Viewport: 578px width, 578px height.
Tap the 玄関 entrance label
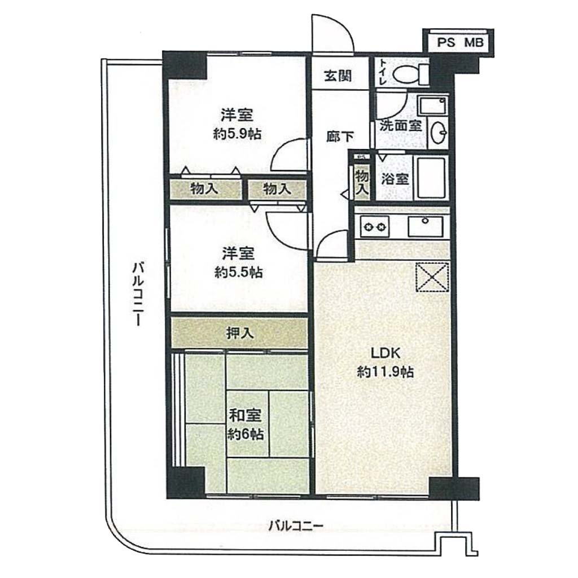(338, 76)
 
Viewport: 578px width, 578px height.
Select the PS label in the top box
(446, 42)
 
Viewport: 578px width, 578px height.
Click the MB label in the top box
(474, 42)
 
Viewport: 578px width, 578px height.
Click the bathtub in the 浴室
(430, 178)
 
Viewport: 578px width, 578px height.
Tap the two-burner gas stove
(375, 226)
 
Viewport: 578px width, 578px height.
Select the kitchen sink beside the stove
(425, 226)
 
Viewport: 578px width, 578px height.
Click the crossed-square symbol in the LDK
(432, 277)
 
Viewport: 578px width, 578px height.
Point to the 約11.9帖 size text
(385, 371)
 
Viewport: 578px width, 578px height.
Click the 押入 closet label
(240, 333)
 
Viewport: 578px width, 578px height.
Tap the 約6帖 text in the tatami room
(245, 434)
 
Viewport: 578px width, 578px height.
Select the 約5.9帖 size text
(238, 134)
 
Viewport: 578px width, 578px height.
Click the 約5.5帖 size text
(239, 273)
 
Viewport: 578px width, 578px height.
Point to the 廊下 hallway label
(340, 137)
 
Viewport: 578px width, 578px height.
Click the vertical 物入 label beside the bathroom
(362, 183)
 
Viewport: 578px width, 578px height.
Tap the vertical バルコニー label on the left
(138, 294)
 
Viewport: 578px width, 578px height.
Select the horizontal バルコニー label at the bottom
(296, 526)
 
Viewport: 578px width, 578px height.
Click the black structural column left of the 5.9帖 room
(185, 65)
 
